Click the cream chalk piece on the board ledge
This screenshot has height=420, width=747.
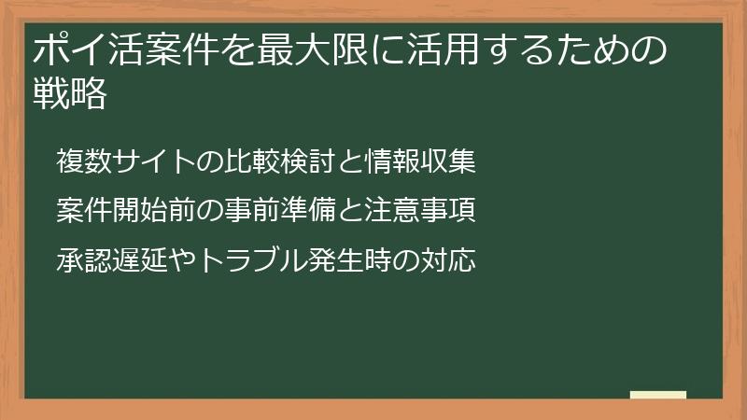[658, 395]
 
